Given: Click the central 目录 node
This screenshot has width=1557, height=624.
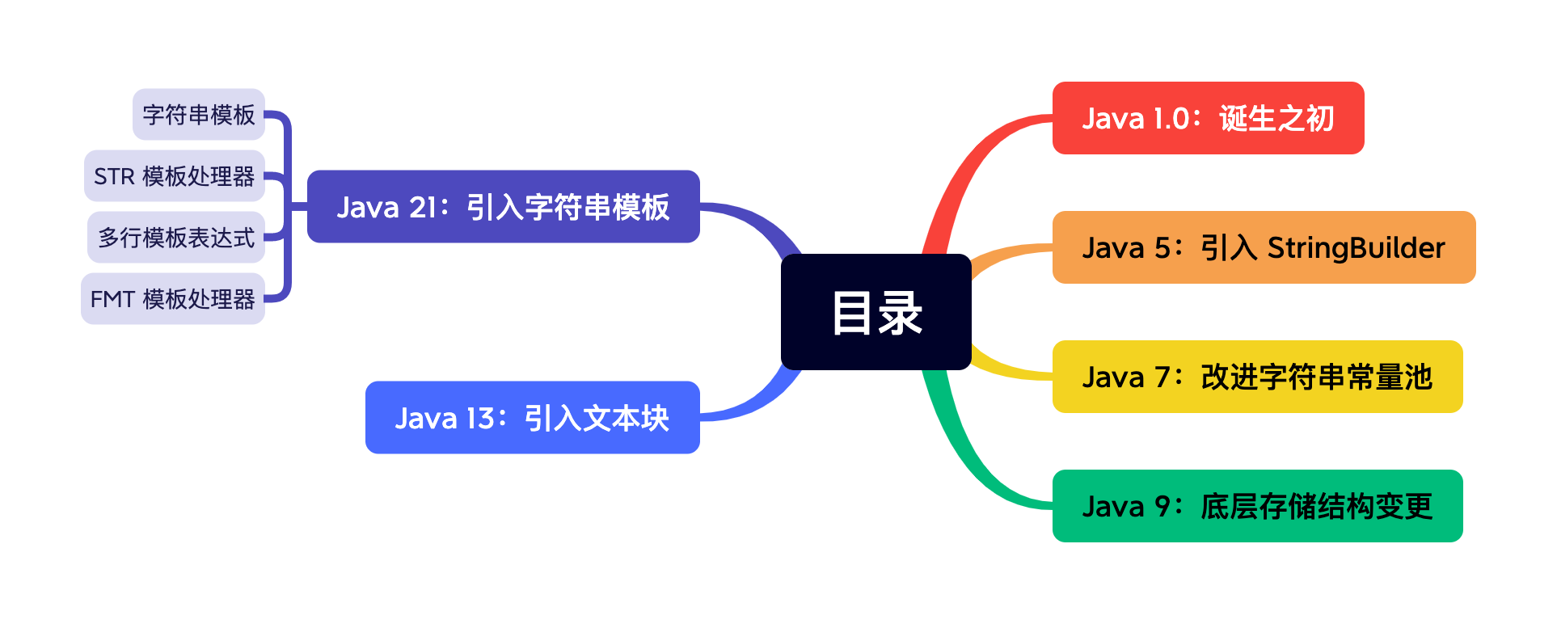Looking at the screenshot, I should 876,312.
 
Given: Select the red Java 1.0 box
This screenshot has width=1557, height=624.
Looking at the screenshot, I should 1207,118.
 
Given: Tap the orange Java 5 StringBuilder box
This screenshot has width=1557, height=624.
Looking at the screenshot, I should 1263,247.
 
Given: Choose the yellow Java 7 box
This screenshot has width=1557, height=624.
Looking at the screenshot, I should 1256,377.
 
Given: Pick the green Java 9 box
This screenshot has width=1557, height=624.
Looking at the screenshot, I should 1256,506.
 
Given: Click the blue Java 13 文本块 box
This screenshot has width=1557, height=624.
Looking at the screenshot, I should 532,418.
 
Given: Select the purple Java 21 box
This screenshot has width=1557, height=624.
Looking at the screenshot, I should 503,207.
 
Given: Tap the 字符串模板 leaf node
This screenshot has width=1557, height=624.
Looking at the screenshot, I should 199,115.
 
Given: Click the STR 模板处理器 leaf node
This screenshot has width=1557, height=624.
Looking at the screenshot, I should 175,176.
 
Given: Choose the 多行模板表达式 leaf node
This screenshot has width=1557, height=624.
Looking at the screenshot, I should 176,238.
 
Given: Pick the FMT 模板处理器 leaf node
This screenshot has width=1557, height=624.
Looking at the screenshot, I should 173,299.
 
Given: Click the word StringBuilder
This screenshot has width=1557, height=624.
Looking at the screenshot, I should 1356,247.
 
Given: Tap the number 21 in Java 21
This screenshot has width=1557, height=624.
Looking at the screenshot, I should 423,208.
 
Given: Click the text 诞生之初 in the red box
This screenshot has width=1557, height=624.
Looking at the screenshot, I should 1276,119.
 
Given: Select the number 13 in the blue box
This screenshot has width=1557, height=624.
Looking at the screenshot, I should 480,419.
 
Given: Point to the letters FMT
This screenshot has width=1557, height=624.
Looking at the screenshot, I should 112,300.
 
